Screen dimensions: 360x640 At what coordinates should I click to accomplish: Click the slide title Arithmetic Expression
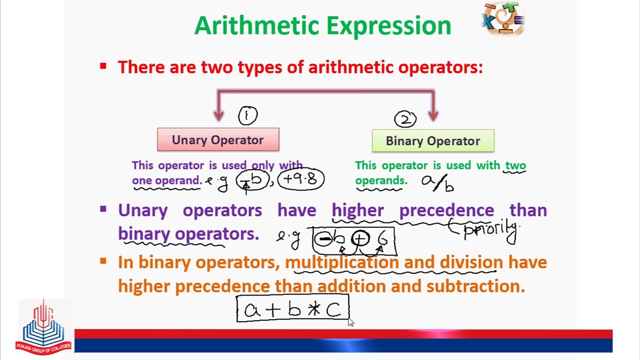coord(322,26)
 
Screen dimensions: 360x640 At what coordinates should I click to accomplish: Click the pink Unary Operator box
coord(218,140)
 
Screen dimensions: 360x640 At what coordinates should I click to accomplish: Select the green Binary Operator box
coord(433,141)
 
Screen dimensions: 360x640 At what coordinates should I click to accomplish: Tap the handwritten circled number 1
coord(247,116)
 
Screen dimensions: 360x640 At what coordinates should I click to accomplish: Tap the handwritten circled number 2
coord(405,119)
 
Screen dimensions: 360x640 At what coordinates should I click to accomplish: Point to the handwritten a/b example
coord(438,183)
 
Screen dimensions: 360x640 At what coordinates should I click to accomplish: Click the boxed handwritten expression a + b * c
coord(292,309)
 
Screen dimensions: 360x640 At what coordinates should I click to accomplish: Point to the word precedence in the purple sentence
coord(446,210)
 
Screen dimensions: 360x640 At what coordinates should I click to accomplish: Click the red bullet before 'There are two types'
coord(103,66)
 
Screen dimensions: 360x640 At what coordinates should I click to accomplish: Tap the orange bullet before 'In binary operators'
coord(103,261)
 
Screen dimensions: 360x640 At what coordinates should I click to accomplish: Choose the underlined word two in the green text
coord(515,165)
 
